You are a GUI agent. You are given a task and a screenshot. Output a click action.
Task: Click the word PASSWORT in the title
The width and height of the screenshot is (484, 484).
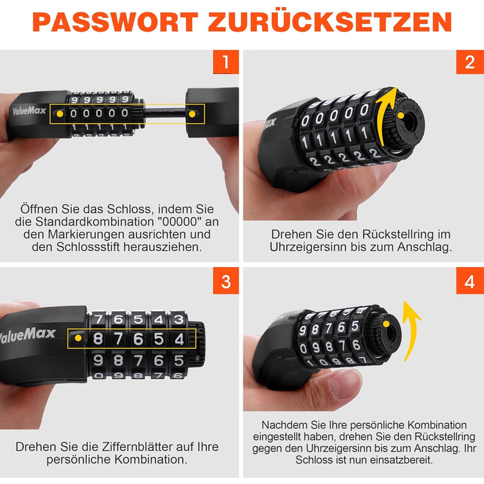[x=115, y=22]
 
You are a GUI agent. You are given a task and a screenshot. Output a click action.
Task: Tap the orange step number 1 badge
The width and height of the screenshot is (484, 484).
[x=226, y=62]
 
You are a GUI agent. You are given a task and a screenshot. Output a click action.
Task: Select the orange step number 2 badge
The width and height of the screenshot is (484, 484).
[x=469, y=62]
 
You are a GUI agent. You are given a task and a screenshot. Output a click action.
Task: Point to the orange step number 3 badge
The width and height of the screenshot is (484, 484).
[x=226, y=281]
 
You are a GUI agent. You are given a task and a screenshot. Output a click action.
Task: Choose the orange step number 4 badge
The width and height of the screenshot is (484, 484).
[x=469, y=281]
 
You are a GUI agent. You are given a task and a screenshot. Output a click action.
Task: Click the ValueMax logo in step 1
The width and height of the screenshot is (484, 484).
[x=29, y=111]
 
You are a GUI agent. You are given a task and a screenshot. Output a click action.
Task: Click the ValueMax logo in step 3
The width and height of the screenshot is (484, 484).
[x=27, y=335]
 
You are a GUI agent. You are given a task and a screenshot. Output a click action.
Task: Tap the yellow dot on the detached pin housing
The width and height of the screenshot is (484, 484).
[x=192, y=114]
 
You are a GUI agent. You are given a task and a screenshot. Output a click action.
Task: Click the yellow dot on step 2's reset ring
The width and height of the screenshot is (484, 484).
[x=400, y=115]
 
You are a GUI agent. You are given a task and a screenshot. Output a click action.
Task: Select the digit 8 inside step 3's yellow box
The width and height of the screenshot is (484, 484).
[x=98, y=339]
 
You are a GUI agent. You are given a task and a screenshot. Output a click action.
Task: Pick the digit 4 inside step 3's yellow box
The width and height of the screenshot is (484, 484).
[x=179, y=339]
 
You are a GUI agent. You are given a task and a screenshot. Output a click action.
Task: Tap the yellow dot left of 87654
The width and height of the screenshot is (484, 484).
[x=78, y=338]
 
